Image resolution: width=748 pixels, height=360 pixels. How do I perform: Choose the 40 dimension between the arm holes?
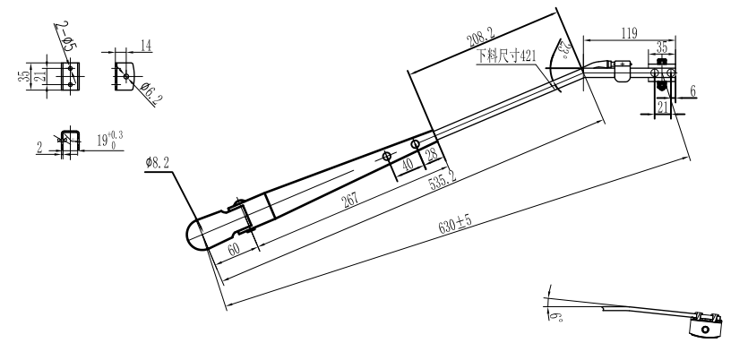[408, 162]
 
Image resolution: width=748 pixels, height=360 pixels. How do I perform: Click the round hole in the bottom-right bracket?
[705, 329]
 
